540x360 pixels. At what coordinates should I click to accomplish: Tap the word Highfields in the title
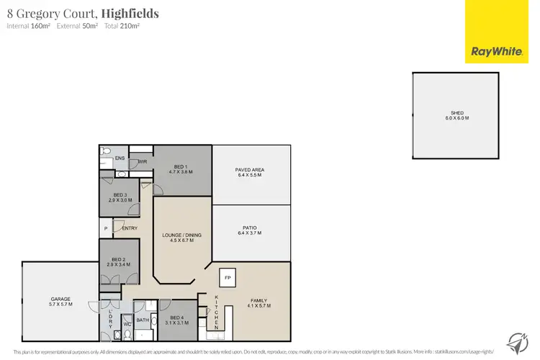click(130, 13)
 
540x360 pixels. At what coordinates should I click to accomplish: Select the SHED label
click(456, 113)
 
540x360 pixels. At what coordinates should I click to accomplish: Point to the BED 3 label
click(120, 195)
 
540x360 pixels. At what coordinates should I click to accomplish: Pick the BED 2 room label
click(119, 259)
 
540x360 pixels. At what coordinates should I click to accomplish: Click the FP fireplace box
click(228, 277)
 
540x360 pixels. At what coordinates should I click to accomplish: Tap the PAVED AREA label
click(251, 170)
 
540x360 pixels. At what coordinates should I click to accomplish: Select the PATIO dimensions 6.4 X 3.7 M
click(251, 233)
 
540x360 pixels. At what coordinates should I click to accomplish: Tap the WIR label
click(142, 162)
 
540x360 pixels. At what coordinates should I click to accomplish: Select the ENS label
click(120, 158)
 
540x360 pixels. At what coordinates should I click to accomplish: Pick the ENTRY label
click(130, 229)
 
